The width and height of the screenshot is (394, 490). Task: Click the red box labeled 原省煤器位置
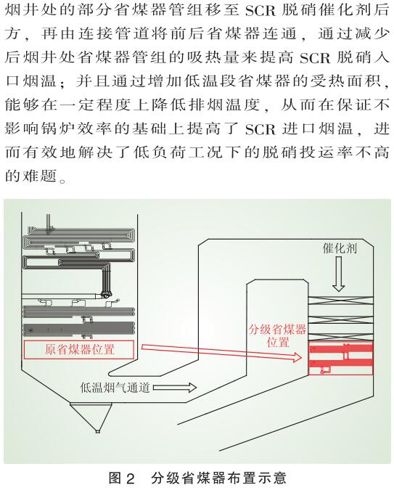(79, 349)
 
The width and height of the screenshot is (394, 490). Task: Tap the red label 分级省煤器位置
(277, 335)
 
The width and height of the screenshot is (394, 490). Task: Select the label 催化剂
(340, 248)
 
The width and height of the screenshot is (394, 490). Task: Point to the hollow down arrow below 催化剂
(338, 274)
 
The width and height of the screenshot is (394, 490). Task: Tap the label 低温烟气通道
(115, 388)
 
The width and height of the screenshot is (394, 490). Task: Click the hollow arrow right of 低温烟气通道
(175, 388)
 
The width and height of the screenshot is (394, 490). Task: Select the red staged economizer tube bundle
(340, 358)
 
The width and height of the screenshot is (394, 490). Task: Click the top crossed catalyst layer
(340, 301)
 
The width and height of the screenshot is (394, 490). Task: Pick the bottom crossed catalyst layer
(340, 337)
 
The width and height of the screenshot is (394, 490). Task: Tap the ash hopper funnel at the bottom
(91, 417)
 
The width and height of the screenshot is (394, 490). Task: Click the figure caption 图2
(122, 478)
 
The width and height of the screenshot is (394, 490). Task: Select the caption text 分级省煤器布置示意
(218, 478)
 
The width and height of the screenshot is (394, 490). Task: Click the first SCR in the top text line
(260, 11)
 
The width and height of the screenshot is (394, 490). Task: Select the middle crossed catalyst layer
(340, 319)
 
